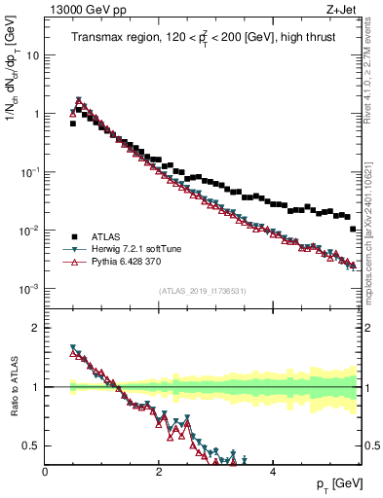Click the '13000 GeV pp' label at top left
coord(84,10)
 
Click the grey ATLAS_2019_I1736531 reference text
coord(202,290)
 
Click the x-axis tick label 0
coord(45,472)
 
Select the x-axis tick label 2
coord(158,472)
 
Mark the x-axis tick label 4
coord(272,472)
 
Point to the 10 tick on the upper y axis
coord(32,55)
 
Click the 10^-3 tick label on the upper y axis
coord(28,289)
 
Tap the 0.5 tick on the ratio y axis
coord(30,445)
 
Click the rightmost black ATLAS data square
coord(353,229)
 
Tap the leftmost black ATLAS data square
coord(73,124)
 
